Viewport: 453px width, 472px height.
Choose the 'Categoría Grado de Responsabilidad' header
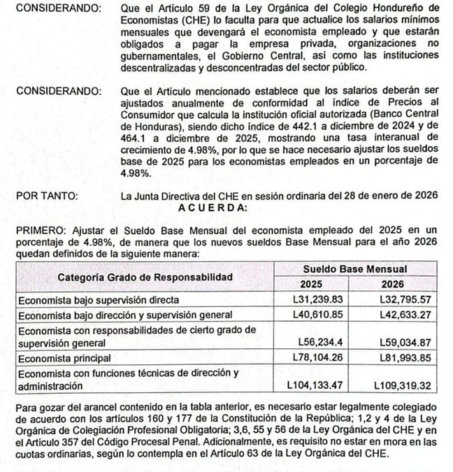coord(145,276)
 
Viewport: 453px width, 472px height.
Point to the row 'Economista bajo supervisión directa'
coord(99,299)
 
